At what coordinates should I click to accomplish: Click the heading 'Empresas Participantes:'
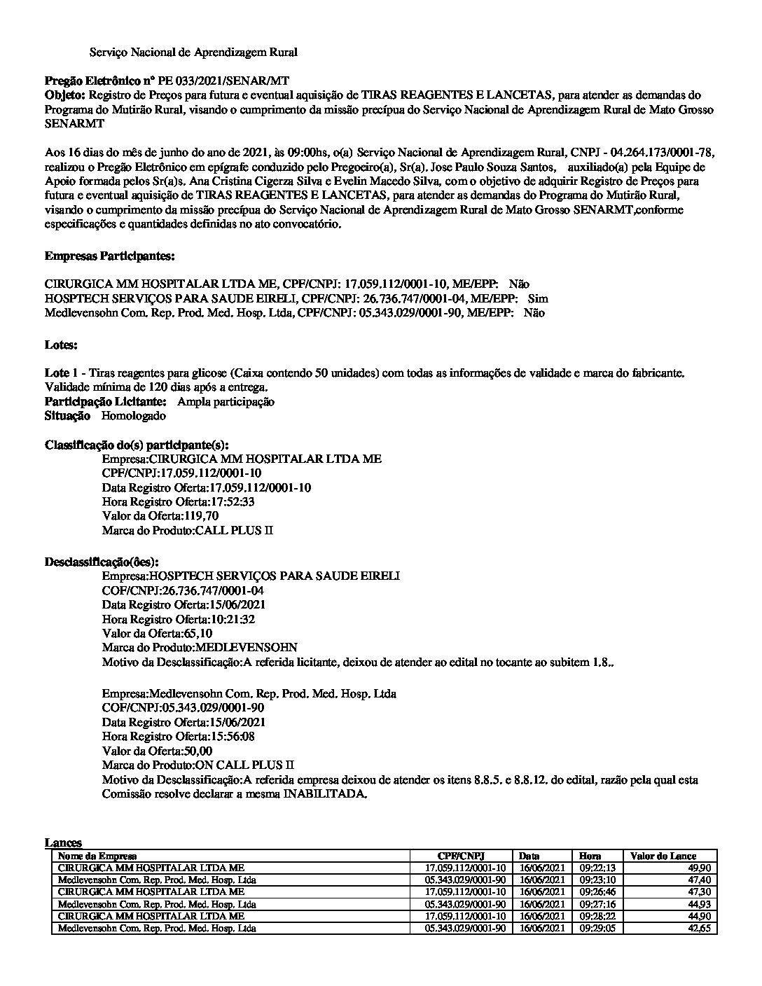pyautogui.click(x=109, y=256)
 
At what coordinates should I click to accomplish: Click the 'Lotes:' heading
pyautogui.click(x=61, y=345)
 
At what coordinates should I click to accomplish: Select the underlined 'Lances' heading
pyautogui.click(x=63, y=843)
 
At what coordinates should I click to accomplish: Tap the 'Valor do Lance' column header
pyautogui.click(x=663, y=856)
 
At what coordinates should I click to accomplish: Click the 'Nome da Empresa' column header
pyautogui.click(x=97, y=856)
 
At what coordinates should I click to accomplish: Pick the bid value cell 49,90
pyautogui.click(x=700, y=867)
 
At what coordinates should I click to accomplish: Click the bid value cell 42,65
pyautogui.click(x=700, y=928)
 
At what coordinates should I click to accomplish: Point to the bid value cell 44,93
pyautogui.click(x=700, y=904)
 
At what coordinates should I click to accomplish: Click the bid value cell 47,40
pyautogui.click(x=700, y=880)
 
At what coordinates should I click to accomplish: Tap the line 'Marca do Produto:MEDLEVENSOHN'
pyautogui.click(x=200, y=648)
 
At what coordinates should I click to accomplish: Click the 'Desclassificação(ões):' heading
pyautogui.click(x=102, y=562)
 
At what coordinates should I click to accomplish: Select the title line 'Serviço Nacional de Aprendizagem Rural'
pyautogui.click(x=193, y=52)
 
